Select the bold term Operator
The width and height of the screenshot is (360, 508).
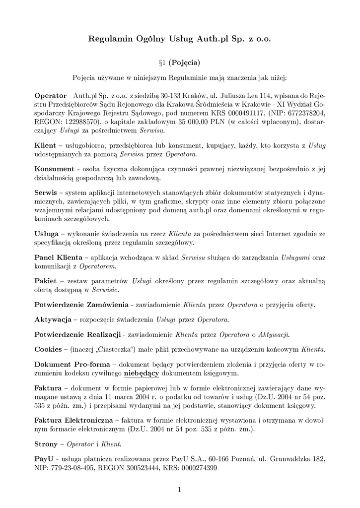(x=50, y=95)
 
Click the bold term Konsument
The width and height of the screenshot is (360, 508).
(x=54, y=169)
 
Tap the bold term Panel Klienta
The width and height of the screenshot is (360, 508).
(x=58, y=257)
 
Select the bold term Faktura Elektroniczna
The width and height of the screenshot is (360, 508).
(x=73, y=420)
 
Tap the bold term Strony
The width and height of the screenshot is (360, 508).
(x=46, y=444)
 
